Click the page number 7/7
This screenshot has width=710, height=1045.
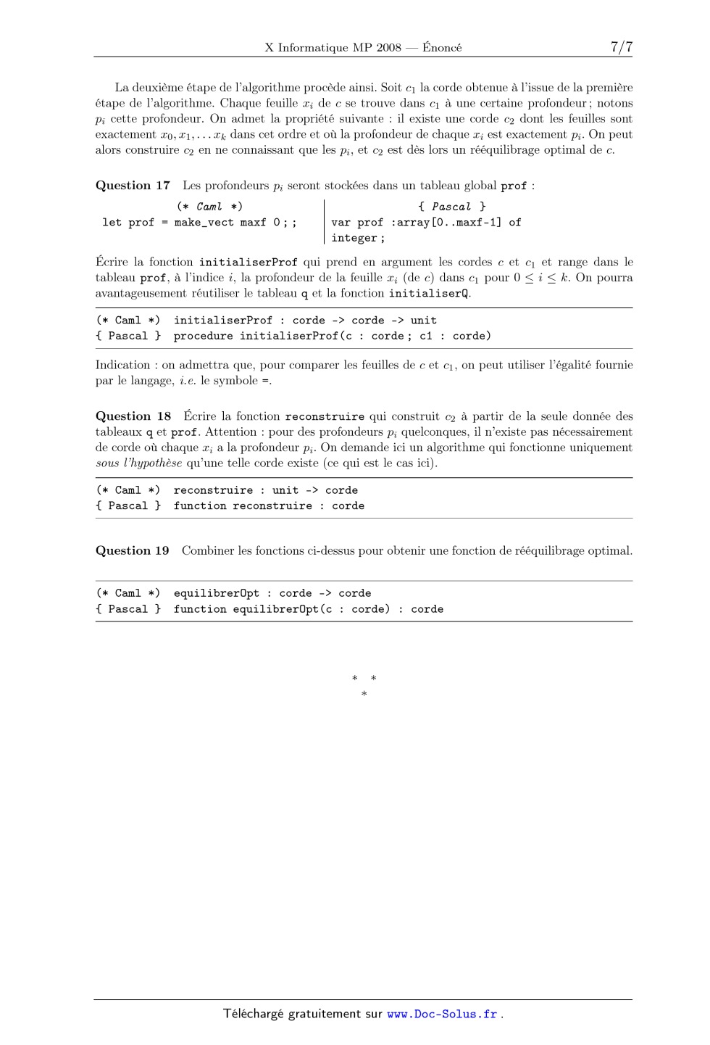click(x=621, y=47)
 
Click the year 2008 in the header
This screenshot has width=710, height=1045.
click(x=388, y=48)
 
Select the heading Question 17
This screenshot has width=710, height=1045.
click(x=133, y=186)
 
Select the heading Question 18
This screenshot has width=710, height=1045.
click(x=133, y=416)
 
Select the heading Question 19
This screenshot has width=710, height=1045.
click(x=132, y=551)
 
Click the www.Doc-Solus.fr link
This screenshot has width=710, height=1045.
click(x=442, y=1015)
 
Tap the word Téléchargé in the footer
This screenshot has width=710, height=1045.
click(x=254, y=1015)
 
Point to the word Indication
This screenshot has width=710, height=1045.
click(x=122, y=365)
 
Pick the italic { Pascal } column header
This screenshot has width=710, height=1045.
click(x=451, y=207)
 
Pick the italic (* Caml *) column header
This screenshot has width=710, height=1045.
click(x=209, y=207)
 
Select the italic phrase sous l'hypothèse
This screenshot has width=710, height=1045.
click(x=138, y=463)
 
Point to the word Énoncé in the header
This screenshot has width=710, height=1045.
click(x=442, y=48)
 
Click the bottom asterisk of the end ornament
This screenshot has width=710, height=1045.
click(x=364, y=695)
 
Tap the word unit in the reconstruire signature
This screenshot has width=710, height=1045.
click(x=285, y=490)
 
